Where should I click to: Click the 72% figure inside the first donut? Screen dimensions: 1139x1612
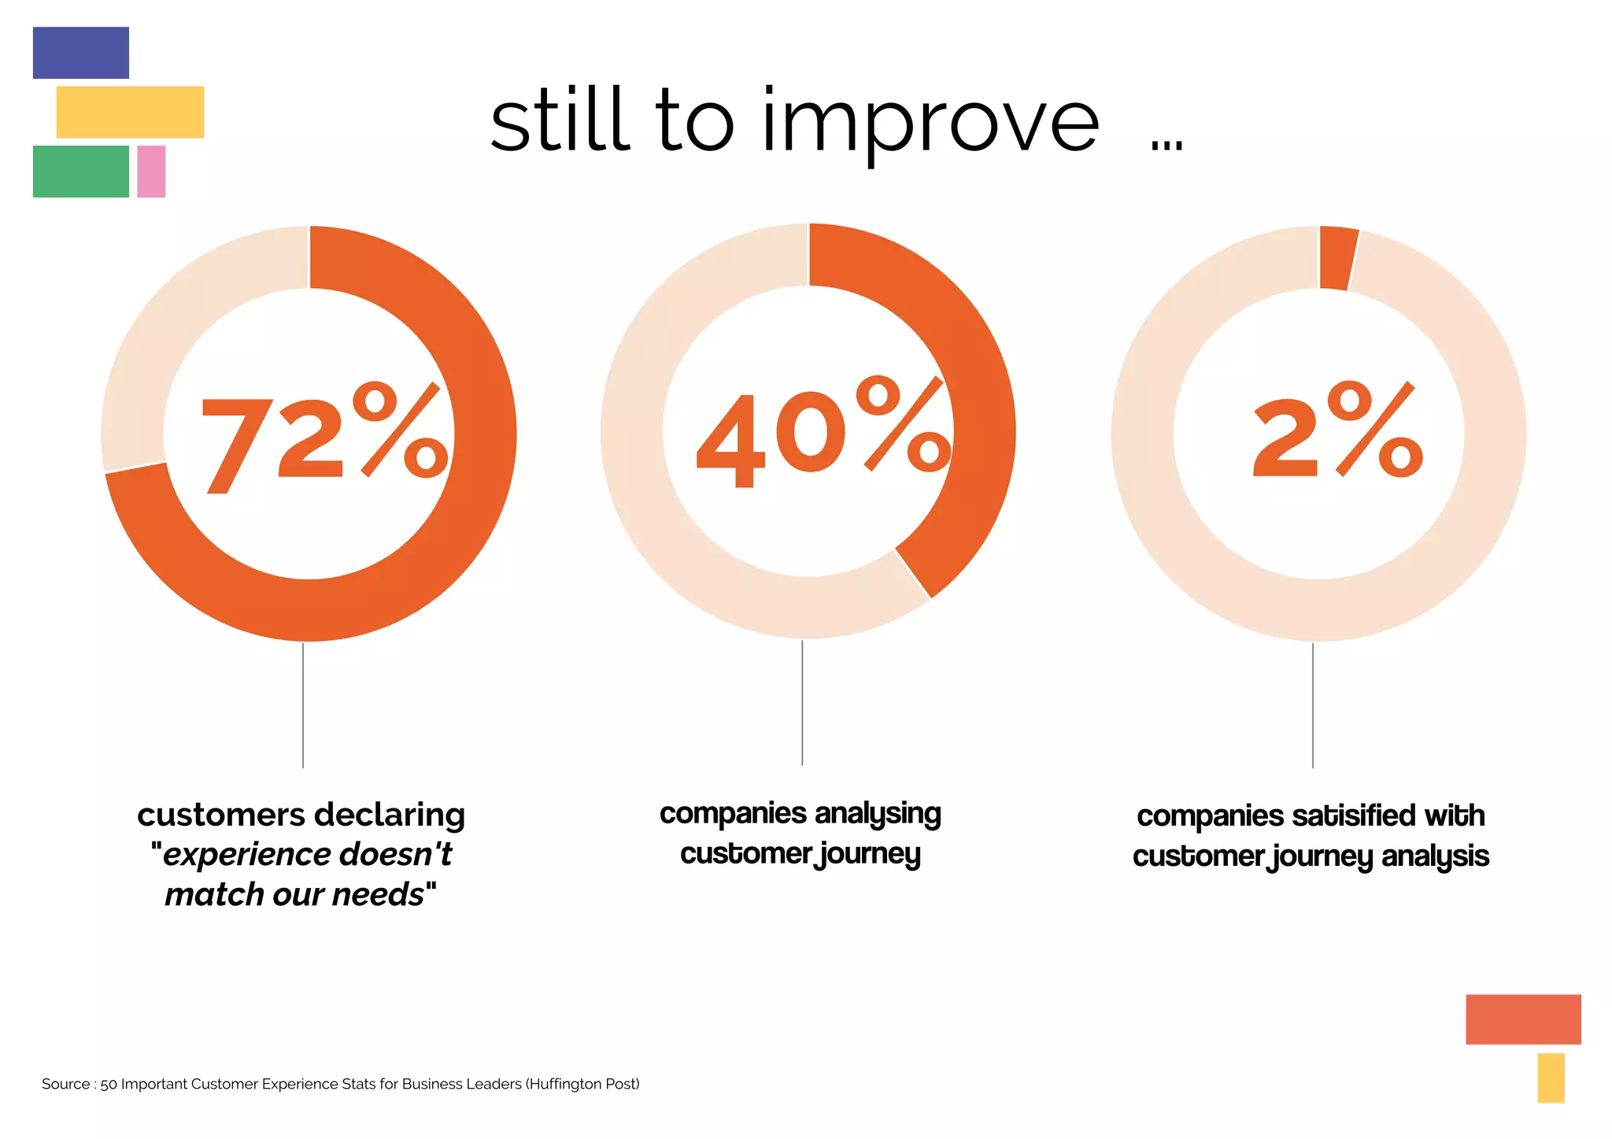[324, 438]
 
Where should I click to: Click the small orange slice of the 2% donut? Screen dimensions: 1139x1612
[1337, 258]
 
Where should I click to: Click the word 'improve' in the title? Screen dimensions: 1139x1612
[929, 122]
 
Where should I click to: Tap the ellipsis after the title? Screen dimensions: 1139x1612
[1166, 144]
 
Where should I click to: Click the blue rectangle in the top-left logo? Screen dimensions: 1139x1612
[80, 53]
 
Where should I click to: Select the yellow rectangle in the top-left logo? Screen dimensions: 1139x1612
[130, 112]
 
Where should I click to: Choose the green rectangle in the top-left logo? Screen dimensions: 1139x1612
[80, 171]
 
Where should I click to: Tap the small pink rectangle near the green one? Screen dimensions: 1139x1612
[151, 171]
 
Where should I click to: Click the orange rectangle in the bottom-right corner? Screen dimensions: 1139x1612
[1522, 1019]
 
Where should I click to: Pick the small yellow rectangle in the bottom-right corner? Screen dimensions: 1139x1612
[1550, 1077]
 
